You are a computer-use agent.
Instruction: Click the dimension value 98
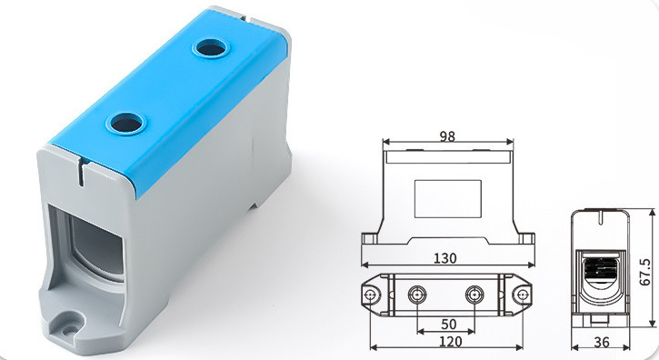[x=447, y=136]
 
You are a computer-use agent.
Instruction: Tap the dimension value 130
[x=445, y=258]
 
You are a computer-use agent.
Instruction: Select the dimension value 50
[x=448, y=325]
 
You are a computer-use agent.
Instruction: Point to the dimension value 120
[x=450, y=342]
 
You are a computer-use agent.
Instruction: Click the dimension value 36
[x=602, y=343]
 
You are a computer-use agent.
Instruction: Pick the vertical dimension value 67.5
[x=645, y=272]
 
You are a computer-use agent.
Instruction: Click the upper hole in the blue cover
[x=210, y=47]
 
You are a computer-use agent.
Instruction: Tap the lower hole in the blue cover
[x=125, y=123]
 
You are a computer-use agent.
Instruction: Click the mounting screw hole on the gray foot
[x=70, y=330]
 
